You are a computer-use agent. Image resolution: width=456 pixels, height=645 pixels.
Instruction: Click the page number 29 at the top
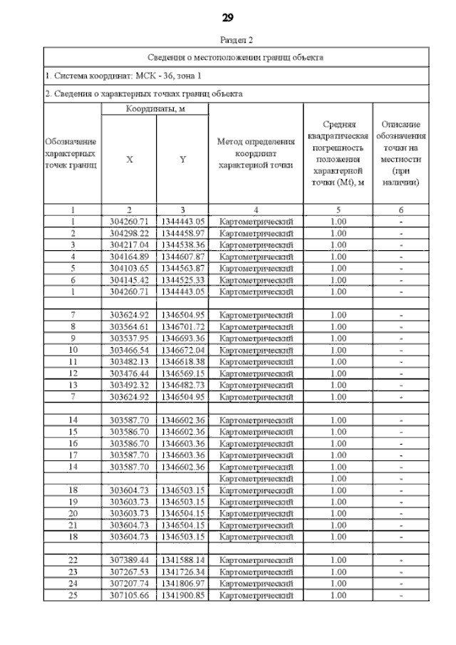click(229, 17)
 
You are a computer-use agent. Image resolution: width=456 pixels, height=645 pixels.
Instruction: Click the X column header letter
click(129, 160)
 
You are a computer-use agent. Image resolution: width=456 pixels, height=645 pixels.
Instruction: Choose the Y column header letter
click(182, 160)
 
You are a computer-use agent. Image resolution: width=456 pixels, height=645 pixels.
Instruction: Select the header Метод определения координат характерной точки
click(256, 153)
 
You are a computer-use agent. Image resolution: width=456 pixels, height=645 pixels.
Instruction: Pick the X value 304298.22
click(129, 233)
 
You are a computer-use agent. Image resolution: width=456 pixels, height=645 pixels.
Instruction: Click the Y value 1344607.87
click(182, 257)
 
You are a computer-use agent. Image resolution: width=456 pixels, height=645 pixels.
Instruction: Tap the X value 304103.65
click(129, 268)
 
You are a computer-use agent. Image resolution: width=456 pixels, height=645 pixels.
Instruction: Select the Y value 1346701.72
click(182, 326)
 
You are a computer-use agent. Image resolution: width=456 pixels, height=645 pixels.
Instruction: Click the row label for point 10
click(73, 350)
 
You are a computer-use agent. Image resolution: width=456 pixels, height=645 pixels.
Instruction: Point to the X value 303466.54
click(129, 350)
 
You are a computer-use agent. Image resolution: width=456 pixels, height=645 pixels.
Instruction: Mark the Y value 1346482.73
click(182, 385)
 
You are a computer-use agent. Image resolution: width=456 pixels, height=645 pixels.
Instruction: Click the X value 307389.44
click(129, 560)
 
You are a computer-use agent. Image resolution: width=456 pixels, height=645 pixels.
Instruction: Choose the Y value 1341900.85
click(182, 595)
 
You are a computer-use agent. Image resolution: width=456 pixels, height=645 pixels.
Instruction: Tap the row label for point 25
click(73, 595)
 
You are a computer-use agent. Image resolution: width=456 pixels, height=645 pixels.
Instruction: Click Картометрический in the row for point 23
click(256, 572)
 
